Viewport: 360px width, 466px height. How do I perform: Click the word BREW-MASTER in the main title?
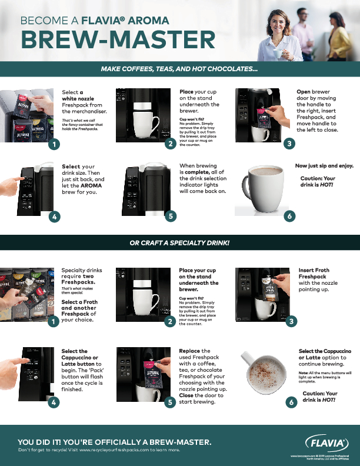coord(118,39)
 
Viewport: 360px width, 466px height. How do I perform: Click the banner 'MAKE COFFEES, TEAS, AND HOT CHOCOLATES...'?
coord(179,69)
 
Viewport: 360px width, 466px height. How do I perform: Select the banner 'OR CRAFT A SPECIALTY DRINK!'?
coord(179,243)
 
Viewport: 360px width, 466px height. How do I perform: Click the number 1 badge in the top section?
coord(54,144)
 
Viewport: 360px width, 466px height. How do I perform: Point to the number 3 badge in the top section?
coord(289,144)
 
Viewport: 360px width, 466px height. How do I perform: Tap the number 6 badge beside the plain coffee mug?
coord(289,217)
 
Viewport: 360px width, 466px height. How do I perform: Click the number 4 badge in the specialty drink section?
coord(54,402)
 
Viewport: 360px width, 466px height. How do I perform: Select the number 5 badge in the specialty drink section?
coord(171,402)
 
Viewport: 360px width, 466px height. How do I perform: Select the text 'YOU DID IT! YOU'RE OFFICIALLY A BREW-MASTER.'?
coord(115,441)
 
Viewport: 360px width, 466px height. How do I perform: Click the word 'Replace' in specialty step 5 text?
coord(190,351)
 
